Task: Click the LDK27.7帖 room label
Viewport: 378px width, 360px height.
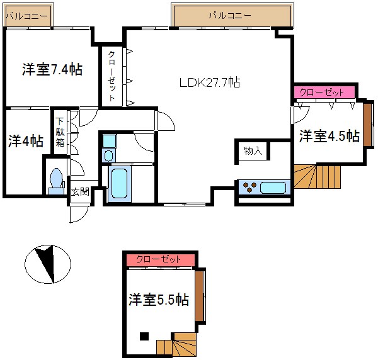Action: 209,82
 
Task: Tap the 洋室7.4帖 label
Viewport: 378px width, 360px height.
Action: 52,69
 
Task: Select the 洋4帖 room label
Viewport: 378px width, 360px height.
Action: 25,141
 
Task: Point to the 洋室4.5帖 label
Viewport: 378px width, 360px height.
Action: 329,136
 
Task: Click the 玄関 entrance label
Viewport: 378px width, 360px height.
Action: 79,192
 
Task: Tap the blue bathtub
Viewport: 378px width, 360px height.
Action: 118,184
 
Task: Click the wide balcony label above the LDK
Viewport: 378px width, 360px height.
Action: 231,14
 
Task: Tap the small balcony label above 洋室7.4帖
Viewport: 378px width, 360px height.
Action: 26,14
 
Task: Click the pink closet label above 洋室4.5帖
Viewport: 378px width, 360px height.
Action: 322,93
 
